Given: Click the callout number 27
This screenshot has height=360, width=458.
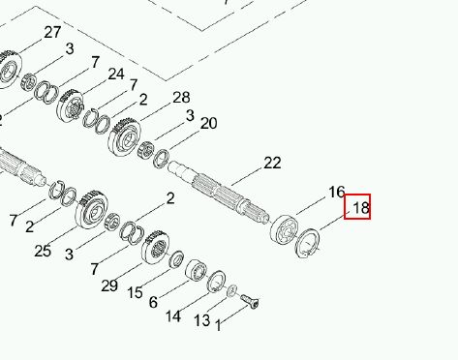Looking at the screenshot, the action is [52, 32].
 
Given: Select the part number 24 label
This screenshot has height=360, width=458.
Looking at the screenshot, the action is [116, 74].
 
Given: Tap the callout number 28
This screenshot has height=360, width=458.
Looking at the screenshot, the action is [181, 97].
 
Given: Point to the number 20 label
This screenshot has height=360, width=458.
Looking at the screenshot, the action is [208, 123].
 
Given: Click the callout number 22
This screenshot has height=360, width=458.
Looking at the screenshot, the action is [272, 163].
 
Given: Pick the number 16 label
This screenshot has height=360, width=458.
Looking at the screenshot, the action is [337, 192].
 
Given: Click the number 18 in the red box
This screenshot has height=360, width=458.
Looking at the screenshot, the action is [361, 208].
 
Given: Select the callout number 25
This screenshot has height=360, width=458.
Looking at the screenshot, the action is [43, 251].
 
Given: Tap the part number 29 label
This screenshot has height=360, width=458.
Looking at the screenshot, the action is [109, 285].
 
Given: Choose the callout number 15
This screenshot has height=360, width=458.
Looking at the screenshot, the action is [135, 292].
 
